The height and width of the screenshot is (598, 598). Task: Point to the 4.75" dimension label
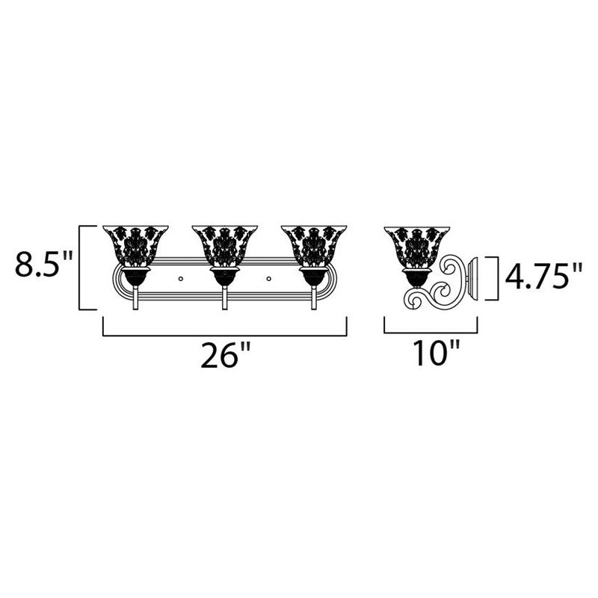click(x=543, y=277)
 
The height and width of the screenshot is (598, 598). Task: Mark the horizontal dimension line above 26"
click(x=224, y=335)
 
